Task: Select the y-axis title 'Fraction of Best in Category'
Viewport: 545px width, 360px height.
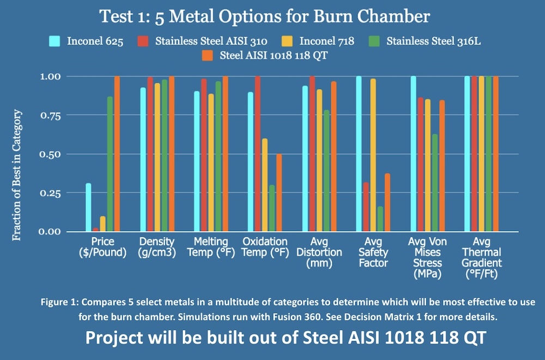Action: (x=17, y=175)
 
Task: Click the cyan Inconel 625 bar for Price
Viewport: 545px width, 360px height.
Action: (x=88, y=207)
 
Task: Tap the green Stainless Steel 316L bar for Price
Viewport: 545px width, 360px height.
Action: (x=110, y=164)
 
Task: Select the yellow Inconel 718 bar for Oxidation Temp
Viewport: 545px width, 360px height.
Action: (x=264, y=185)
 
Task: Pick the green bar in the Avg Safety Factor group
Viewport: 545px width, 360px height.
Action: (x=380, y=219)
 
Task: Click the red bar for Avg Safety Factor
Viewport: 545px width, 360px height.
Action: (x=366, y=207)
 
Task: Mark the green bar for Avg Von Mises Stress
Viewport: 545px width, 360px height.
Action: (x=434, y=183)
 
